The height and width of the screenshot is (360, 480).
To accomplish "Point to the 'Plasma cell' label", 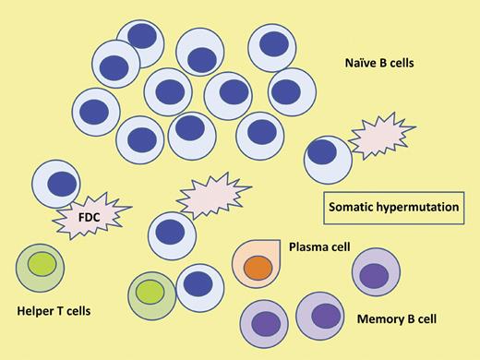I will point(320,246).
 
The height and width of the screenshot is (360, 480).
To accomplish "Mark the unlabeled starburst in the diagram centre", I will point(210,195).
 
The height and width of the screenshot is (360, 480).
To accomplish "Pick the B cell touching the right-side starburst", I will point(328,159).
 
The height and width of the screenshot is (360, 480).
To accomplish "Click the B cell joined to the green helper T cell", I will point(198,286).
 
